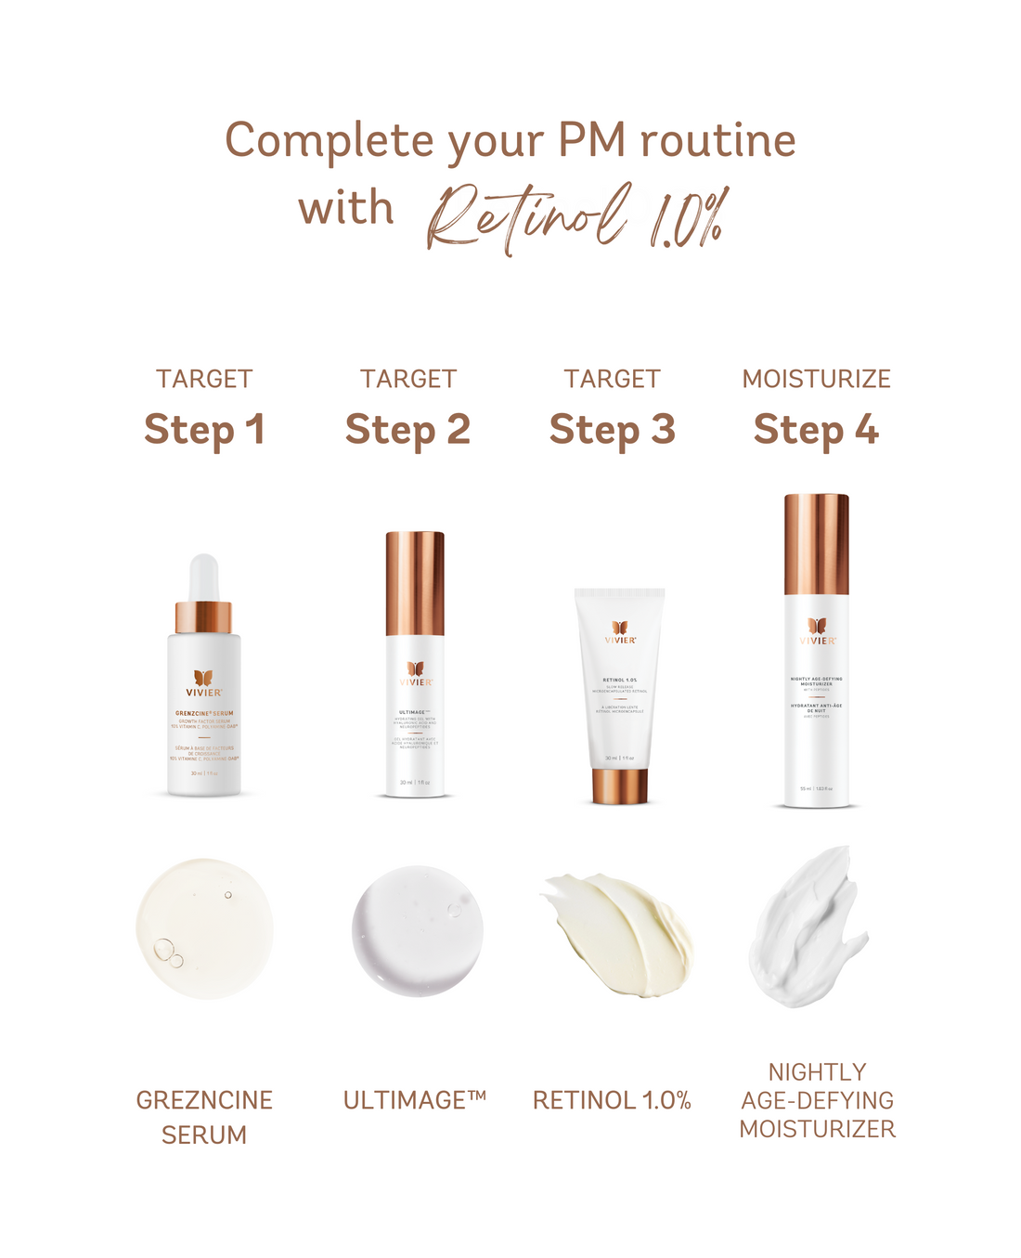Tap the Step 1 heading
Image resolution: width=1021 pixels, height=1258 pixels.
click(204, 430)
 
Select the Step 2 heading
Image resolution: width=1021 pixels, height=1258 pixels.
click(407, 430)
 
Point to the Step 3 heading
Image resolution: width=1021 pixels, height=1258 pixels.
click(612, 430)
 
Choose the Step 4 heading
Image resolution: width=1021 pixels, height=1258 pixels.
click(816, 430)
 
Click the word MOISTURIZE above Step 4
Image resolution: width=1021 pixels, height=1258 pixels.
click(816, 379)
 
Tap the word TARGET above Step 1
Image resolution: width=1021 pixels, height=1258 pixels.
click(204, 379)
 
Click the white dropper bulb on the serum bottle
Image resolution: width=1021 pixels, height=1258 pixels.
click(204, 577)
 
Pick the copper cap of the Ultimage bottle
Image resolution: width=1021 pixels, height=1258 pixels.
click(415, 583)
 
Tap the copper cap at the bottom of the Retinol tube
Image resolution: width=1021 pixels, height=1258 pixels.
click(619, 785)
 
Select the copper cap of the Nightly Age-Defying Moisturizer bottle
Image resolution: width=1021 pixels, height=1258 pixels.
click(817, 544)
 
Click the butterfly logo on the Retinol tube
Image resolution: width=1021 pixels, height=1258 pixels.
click(620, 628)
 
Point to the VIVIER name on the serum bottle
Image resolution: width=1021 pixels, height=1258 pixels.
click(204, 693)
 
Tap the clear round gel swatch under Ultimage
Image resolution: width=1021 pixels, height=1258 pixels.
click(418, 931)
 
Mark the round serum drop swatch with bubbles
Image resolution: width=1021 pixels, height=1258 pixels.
click(204, 928)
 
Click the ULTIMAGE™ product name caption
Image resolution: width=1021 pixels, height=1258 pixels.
click(415, 1100)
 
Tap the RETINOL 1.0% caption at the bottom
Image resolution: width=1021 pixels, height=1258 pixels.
click(612, 1100)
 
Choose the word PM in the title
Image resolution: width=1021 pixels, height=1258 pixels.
click(591, 140)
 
